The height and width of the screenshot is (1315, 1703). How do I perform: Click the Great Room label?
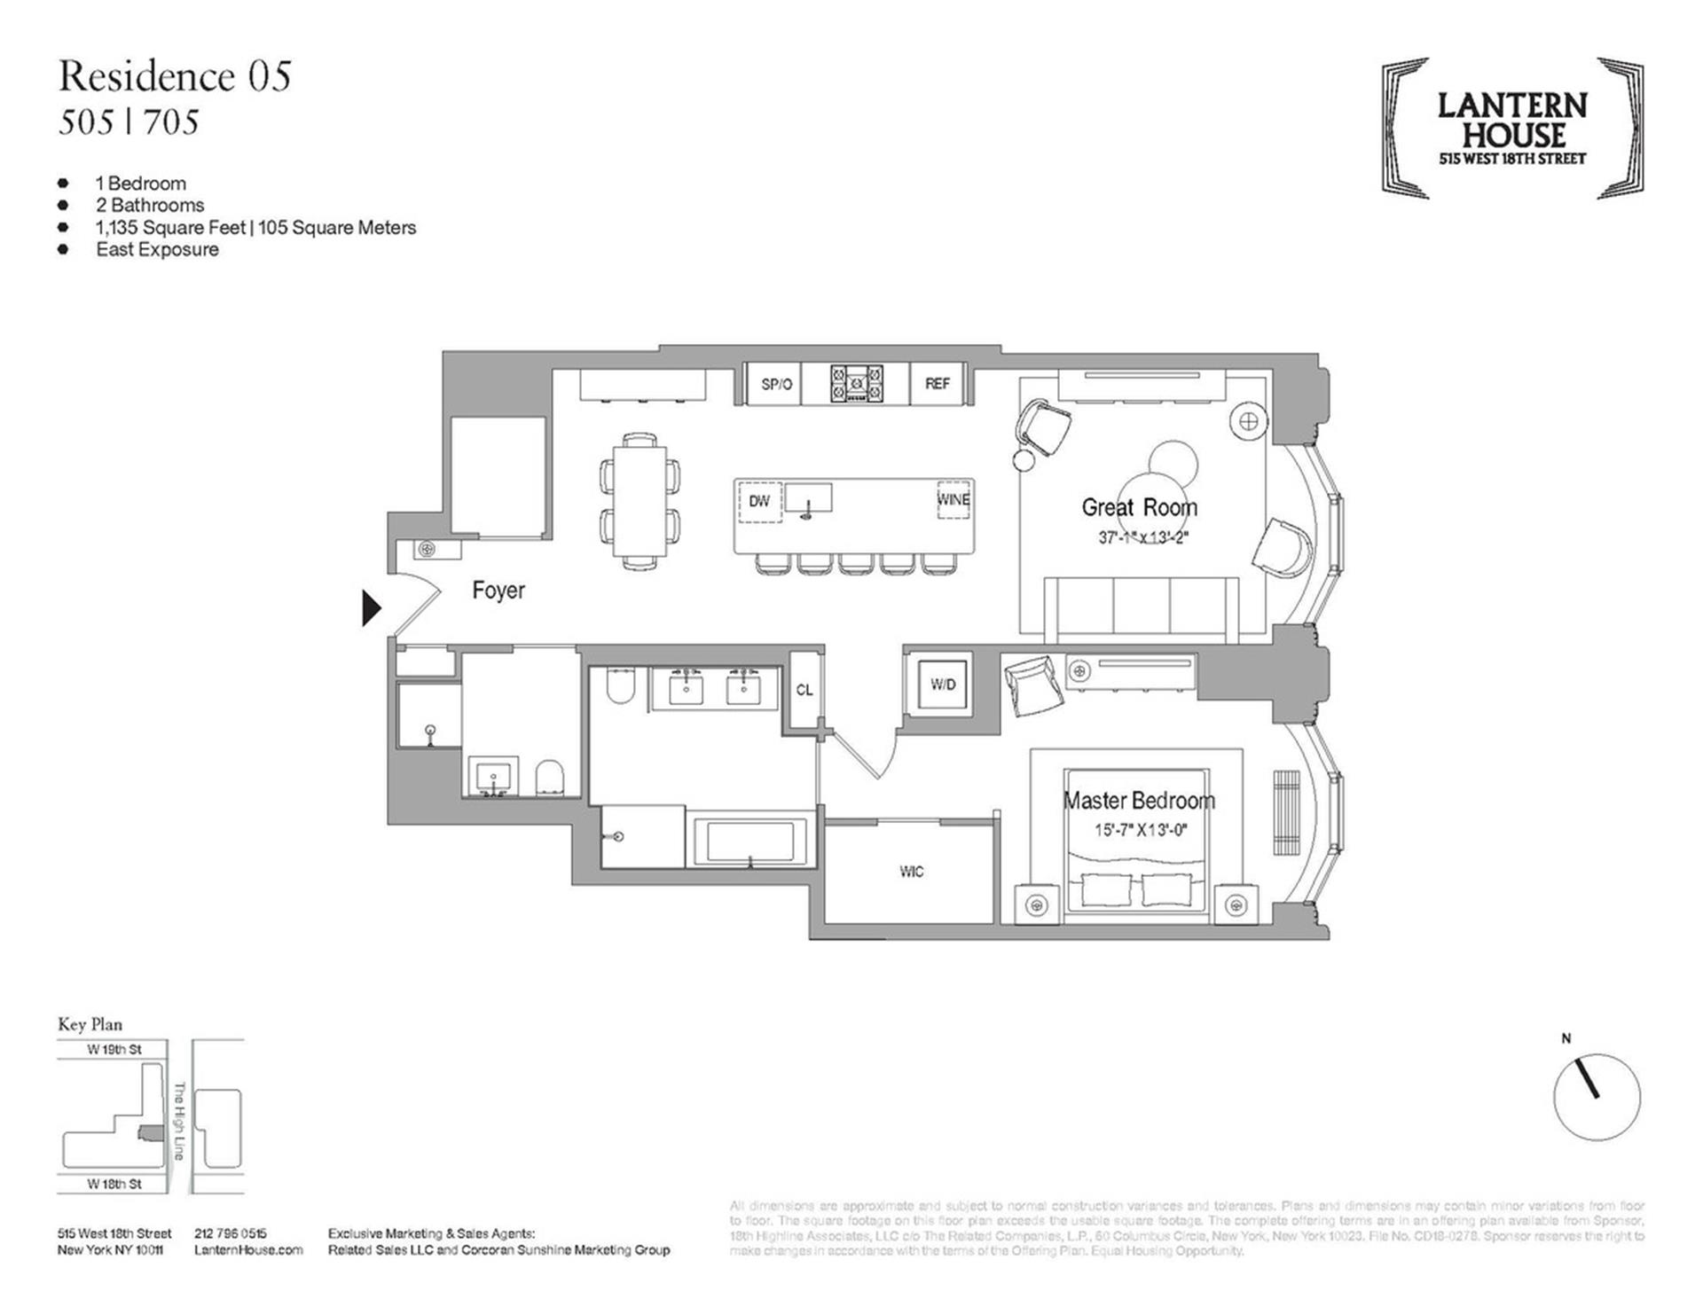(x=1139, y=507)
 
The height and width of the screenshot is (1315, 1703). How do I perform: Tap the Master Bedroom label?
(x=1139, y=801)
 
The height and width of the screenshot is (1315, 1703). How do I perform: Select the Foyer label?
(x=498, y=591)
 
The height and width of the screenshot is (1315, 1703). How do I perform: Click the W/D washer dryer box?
(x=943, y=685)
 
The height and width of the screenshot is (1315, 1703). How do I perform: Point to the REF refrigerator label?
(x=937, y=384)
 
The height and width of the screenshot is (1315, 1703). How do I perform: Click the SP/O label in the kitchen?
(x=776, y=384)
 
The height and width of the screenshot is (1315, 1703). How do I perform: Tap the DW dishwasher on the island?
(x=759, y=501)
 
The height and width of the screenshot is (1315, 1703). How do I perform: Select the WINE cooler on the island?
(x=954, y=500)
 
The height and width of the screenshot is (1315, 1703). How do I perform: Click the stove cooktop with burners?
(x=856, y=384)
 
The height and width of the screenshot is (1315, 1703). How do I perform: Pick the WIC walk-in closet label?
(x=911, y=872)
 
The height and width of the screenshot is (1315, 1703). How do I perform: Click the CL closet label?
(x=804, y=690)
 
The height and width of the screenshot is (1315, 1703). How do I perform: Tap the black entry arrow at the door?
(x=372, y=608)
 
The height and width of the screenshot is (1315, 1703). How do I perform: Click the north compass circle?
(x=1597, y=1097)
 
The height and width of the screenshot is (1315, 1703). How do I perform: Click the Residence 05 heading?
(x=175, y=76)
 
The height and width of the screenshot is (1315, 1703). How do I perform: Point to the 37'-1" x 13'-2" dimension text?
(x=1142, y=537)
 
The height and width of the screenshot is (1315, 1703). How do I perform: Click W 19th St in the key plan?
(x=114, y=1050)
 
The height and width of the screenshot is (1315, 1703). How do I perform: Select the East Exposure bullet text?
(x=157, y=249)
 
